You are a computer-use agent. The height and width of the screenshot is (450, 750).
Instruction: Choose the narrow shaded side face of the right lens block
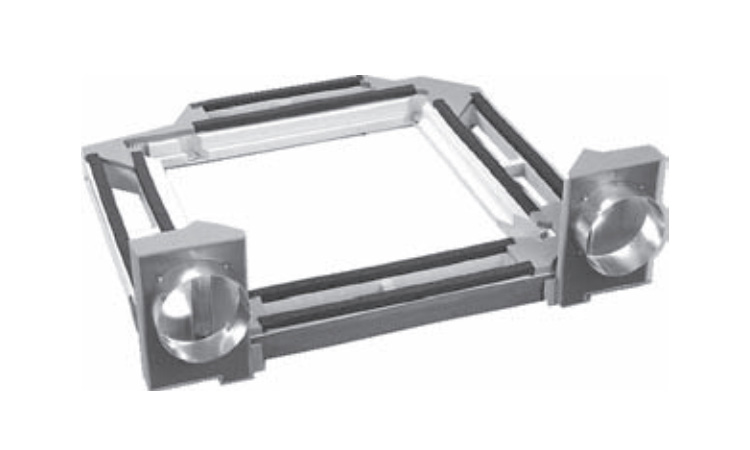tap(569, 240)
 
